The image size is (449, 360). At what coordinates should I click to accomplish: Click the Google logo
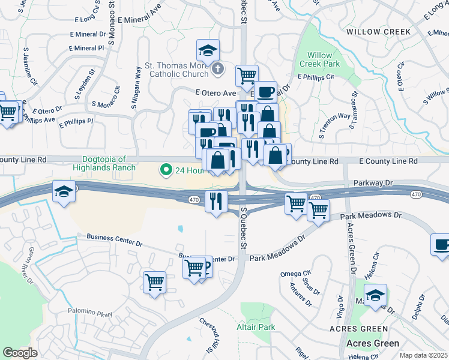pos(20,352)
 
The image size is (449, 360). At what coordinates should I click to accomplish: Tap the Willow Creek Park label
pos(320,59)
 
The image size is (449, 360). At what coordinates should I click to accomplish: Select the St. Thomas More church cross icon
pos(217,70)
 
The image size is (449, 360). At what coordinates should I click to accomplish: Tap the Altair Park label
pos(256,328)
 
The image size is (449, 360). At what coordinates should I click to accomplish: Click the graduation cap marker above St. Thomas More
pos(208,50)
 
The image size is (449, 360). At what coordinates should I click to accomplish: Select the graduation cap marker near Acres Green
pos(375,295)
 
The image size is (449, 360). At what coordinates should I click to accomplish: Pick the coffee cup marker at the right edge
pos(442,245)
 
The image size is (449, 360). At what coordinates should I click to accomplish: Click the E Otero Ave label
pos(215,93)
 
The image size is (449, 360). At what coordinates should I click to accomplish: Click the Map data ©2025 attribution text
pos(423,355)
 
